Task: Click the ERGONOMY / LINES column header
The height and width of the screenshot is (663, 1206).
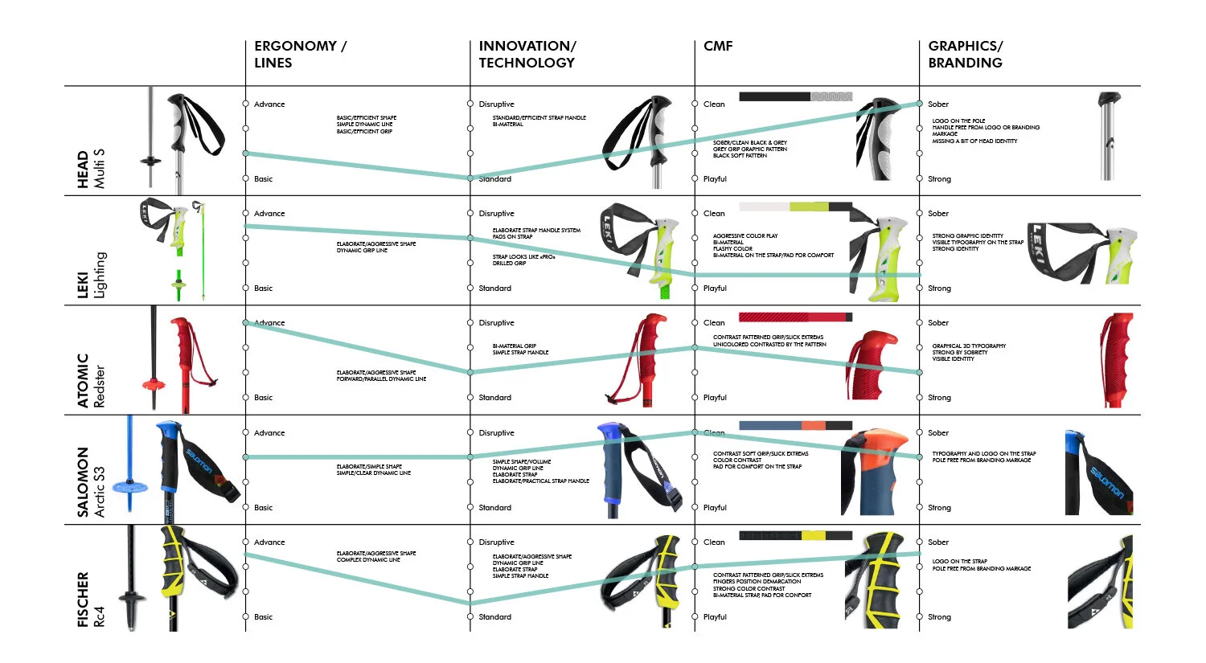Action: point(300,54)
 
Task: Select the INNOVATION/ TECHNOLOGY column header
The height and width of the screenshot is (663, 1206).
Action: point(527,54)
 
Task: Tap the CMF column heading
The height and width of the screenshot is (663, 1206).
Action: point(718,46)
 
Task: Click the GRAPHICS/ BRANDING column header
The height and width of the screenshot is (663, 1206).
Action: point(965,54)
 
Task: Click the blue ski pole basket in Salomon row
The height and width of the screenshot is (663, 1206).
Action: point(129,486)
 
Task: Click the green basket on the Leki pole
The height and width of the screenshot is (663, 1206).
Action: point(178,282)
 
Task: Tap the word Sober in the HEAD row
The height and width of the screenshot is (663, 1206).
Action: point(938,104)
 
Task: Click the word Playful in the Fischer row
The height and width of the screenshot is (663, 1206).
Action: point(715,617)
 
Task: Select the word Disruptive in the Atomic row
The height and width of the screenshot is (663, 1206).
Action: point(496,323)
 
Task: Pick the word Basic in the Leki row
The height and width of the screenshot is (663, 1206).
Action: point(263,289)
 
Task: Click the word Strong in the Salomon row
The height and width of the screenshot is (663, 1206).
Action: point(939,508)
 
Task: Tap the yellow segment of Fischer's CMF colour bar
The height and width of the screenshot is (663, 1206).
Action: point(813,535)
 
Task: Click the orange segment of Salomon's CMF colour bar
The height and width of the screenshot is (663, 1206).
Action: point(813,425)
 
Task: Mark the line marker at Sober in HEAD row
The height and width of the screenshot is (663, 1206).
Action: point(920,104)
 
